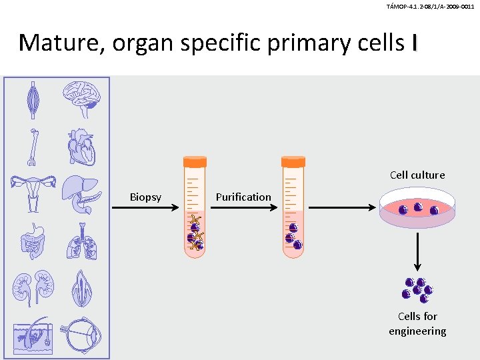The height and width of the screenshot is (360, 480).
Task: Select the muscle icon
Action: coord(33,99)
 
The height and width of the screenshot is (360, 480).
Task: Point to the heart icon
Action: coord(82,147)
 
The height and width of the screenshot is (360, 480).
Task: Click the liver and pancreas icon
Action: coord(82,193)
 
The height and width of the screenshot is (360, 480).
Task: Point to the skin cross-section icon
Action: coord(32,333)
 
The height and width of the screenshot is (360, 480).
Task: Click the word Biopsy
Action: coord(145,197)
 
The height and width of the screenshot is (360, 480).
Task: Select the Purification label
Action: coord(243,197)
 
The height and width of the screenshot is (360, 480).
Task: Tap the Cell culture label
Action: coord(417,175)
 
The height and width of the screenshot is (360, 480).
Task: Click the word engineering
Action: coord(417,331)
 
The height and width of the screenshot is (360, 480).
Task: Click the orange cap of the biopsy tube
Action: coord(195,161)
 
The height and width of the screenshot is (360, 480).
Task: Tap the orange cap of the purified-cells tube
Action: coord(293,161)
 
